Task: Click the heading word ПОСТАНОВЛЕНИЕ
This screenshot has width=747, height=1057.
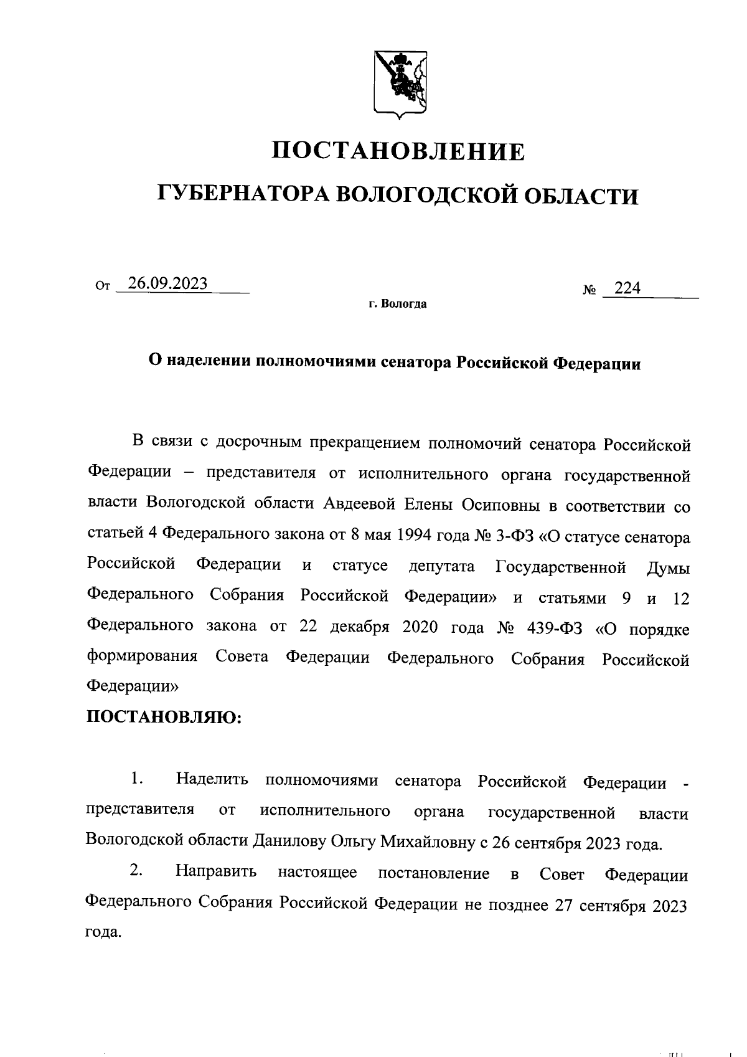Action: click(399, 151)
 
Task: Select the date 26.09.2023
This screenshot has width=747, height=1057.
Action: click(167, 284)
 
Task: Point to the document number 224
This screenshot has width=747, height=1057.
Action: click(627, 289)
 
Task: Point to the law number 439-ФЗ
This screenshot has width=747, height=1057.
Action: click(553, 628)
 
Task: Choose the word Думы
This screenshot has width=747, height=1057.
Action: click(668, 567)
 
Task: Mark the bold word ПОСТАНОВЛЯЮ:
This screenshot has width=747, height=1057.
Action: click(163, 718)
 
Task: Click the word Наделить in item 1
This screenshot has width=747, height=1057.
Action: click(212, 780)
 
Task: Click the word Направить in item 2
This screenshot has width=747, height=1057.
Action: click(216, 873)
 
